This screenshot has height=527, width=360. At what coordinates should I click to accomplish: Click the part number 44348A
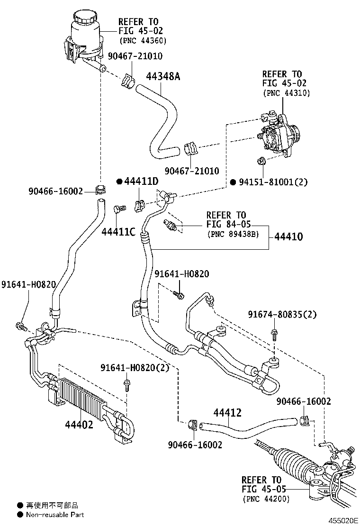coord(162,76)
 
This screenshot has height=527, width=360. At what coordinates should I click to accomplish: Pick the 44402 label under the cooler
coord(79,424)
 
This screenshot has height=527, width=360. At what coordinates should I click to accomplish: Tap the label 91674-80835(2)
coord(282,314)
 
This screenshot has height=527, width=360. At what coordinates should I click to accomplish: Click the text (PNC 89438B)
coord(233,234)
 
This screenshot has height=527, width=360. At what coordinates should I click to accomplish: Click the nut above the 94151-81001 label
coord(261,162)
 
